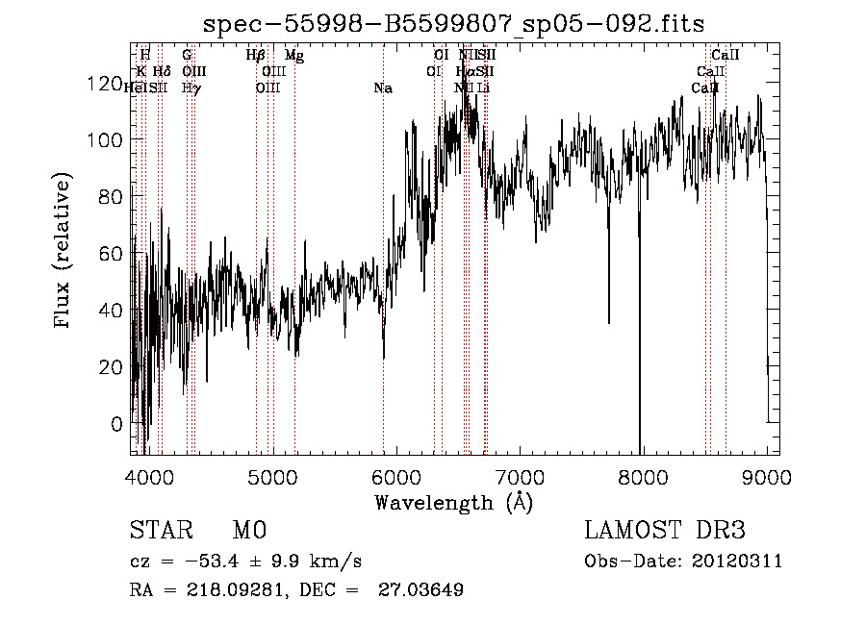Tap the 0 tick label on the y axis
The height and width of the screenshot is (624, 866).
pos(117,423)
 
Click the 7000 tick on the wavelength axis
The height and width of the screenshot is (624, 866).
pos(520,476)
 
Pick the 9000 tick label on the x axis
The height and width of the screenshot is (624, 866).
pos(767,476)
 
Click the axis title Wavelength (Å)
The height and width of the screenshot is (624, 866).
pos(453,502)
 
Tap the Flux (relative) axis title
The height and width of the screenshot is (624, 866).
pos(64,252)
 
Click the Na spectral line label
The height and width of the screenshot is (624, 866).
pos(383,88)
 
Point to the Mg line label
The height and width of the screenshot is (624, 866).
pos(294,56)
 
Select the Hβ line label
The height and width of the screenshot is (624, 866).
pos(255,56)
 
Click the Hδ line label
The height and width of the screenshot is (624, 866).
pos(162,72)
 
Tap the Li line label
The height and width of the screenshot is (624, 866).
pos(484,88)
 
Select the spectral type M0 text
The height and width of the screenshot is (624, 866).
pos(248,531)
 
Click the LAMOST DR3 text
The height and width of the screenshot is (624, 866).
pos(665,531)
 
